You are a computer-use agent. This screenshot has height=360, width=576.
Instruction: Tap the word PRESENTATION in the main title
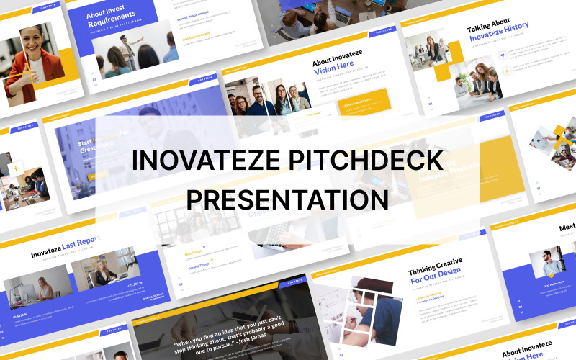[287, 197]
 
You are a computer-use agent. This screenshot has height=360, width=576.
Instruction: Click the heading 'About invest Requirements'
[111, 18]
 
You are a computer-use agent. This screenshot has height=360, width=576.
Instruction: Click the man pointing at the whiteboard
[127, 50]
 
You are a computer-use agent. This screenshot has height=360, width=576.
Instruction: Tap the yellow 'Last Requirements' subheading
[195, 38]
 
